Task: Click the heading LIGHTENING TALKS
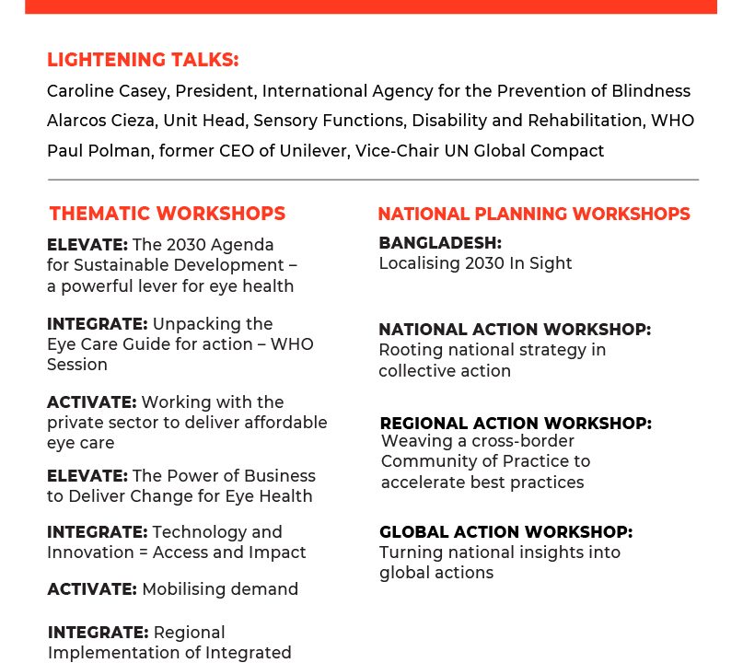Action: [x=143, y=60]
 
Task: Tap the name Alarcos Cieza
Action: [x=101, y=121]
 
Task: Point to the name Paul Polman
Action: [x=99, y=151]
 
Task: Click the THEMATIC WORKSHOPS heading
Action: [x=168, y=214]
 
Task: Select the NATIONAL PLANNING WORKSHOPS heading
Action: [x=534, y=214]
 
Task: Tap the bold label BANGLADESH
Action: [x=440, y=243]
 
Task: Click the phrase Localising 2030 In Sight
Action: [x=475, y=263]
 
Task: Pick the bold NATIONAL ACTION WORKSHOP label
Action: [x=515, y=330]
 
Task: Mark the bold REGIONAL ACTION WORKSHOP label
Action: [x=516, y=424]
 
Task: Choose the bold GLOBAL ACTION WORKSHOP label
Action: [x=506, y=531]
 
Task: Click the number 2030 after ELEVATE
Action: [x=186, y=245]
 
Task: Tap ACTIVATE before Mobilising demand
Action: [x=92, y=589]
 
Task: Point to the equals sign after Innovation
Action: [x=143, y=553]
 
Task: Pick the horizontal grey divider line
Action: [x=373, y=180]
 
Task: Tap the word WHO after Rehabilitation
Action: [x=672, y=121]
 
